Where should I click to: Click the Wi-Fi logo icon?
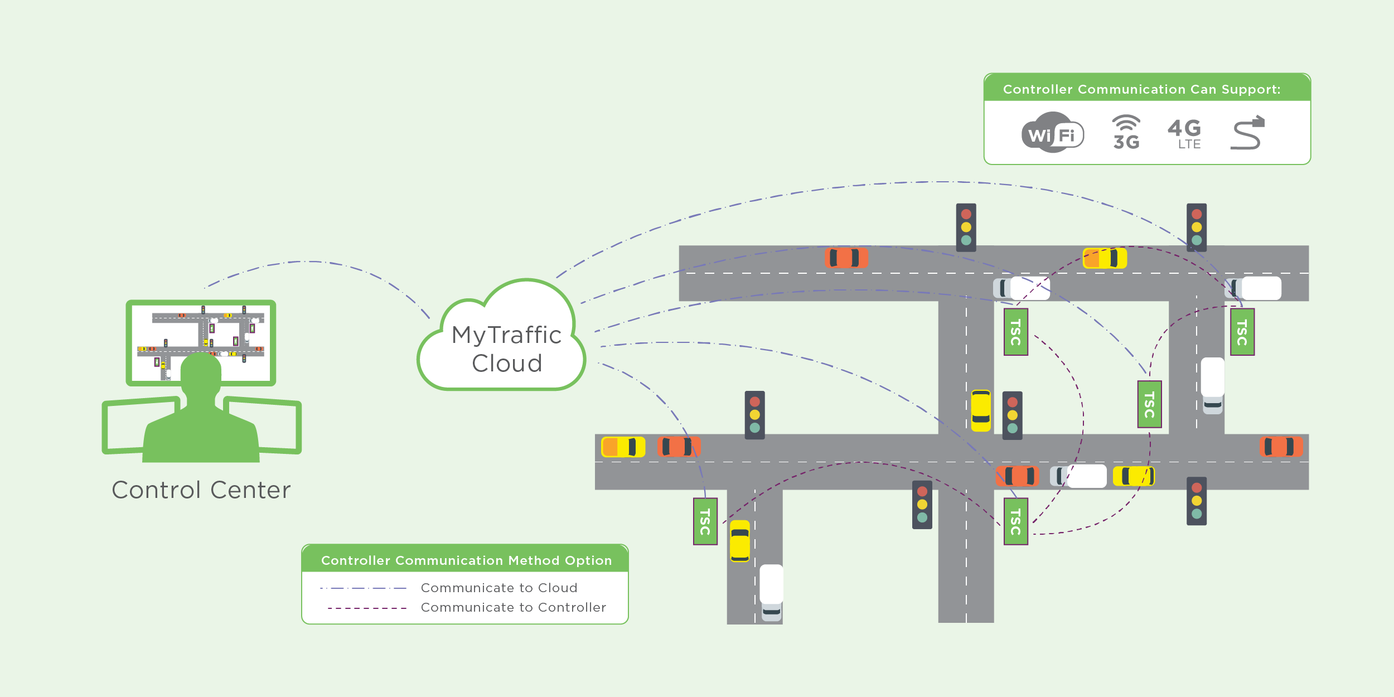[x=1052, y=133]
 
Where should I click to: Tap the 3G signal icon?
[x=1126, y=133]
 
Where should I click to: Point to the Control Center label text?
[x=201, y=490]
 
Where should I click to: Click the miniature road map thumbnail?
[x=201, y=343]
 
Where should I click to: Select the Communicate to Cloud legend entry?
[x=499, y=588]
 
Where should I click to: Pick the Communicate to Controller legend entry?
[x=513, y=607]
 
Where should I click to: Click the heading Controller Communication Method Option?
[x=466, y=560]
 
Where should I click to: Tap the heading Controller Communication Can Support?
[x=1141, y=89]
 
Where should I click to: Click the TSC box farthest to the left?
[x=705, y=521]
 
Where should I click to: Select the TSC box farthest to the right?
[x=1242, y=332]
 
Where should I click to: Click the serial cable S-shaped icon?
[x=1247, y=133]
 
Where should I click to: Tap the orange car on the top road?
[x=846, y=258]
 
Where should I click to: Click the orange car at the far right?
[x=1281, y=447]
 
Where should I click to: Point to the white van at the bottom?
[x=771, y=592]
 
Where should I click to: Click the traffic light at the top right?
[x=1197, y=227]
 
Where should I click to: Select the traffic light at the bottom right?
[x=1197, y=501]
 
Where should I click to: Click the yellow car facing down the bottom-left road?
[x=740, y=541]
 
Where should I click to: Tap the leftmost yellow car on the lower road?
[x=623, y=447]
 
